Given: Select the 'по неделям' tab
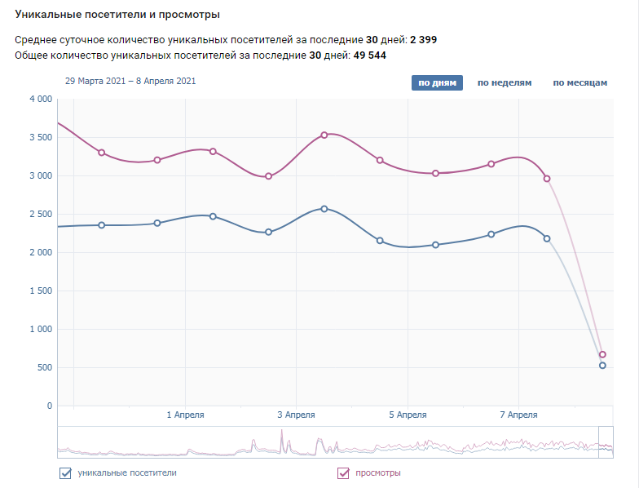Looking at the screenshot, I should tap(505, 83).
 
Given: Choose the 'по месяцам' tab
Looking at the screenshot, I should tap(580, 83).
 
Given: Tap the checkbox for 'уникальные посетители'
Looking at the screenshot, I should tap(65, 472).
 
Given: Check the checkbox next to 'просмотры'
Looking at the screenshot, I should tap(343, 472).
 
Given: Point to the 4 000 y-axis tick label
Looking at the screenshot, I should tap(40, 99).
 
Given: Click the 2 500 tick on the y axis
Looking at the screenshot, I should tap(40, 214).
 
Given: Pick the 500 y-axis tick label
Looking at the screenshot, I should tap(44, 367).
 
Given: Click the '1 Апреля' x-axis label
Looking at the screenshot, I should tap(185, 415).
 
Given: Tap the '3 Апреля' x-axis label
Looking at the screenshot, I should tap(296, 415).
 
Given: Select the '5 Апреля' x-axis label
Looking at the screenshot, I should tap(408, 415).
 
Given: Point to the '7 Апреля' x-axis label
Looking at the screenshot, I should tap(518, 415).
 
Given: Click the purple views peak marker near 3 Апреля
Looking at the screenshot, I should tap(324, 135).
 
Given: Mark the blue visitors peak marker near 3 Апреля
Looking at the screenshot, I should tap(324, 209).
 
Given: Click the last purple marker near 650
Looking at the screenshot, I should tap(602, 355).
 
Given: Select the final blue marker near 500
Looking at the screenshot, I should tap(602, 366).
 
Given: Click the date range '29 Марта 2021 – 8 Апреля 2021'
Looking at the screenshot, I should tap(130, 82).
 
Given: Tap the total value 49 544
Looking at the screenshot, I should tap(370, 55).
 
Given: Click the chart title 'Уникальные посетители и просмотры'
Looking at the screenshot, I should tap(117, 15).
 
